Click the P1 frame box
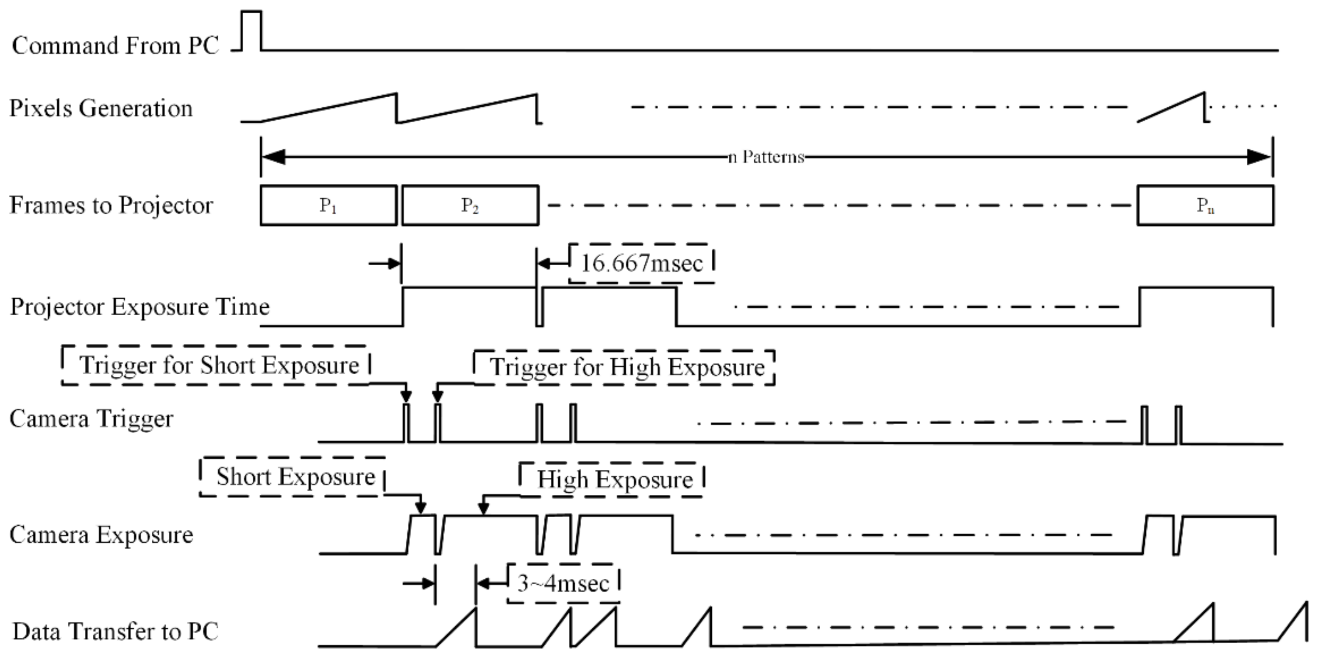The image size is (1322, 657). (x=328, y=205)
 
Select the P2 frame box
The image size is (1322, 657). (x=470, y=205)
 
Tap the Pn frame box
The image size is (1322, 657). (x=1205, y=205)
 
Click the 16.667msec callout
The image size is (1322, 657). (x=641, y=263)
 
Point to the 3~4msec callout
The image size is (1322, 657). (x=563, y=583)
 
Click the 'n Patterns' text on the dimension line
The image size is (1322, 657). (x=766, y=156)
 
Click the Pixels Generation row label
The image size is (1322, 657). (x=101, y=108)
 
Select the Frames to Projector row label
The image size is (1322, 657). (x=111, y=205)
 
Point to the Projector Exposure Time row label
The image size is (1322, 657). (x=140, y=307)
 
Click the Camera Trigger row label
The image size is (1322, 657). (x=91, y=419)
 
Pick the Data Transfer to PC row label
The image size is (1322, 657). (x=115, y=631)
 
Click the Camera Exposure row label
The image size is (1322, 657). (x=101, y=535)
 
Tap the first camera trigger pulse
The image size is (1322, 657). (x=407, y=422)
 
